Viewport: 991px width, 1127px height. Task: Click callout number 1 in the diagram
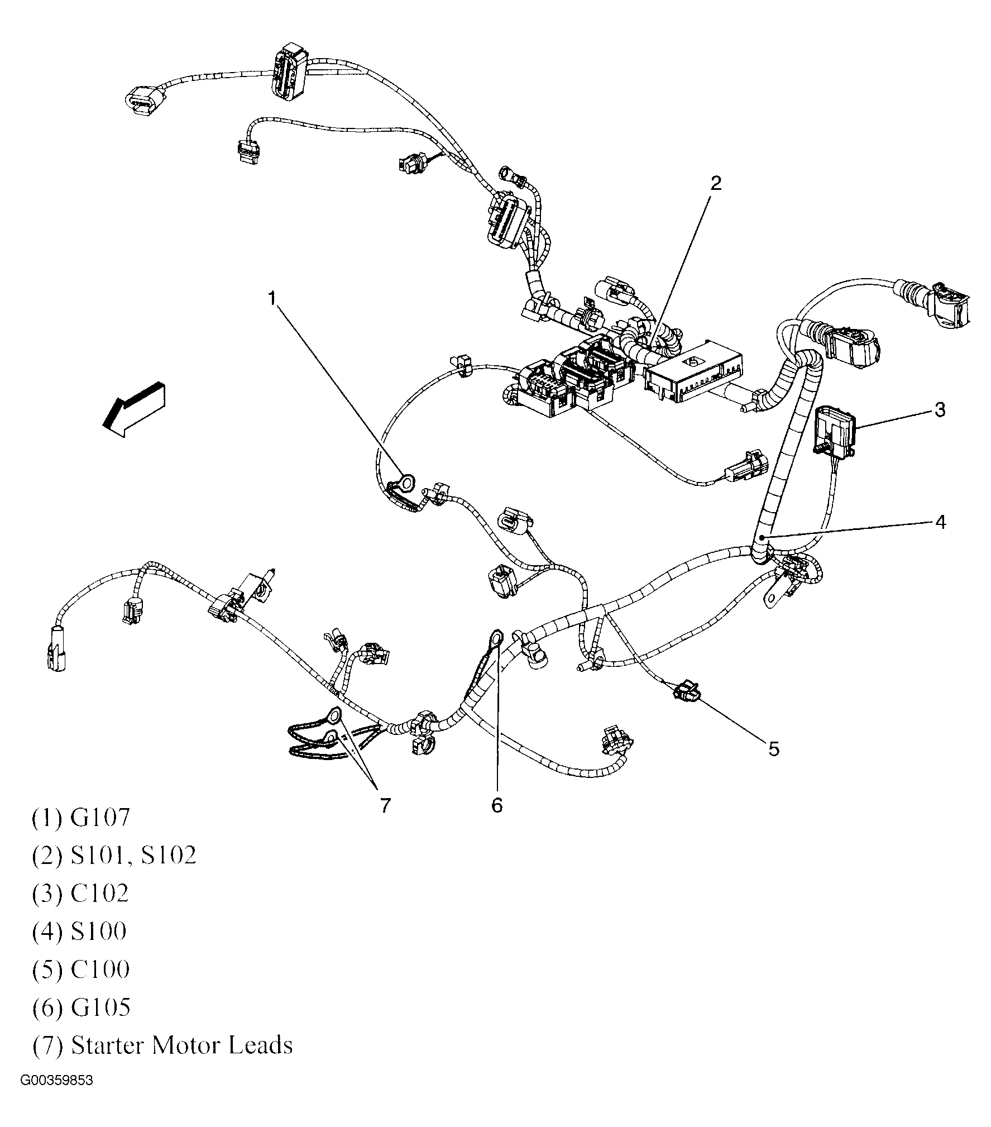[x=272, y=299]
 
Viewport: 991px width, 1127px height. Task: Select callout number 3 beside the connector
[x=940, y=410]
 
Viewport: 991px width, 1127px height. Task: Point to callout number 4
[x=940, y=522]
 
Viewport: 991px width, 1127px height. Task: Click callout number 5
[x=773, y=749]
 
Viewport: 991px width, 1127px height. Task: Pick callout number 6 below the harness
[x=497, y=805]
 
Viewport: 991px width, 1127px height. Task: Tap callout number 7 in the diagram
[x=385, y=805]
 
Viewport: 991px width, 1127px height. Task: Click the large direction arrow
[x=134, y=409]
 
